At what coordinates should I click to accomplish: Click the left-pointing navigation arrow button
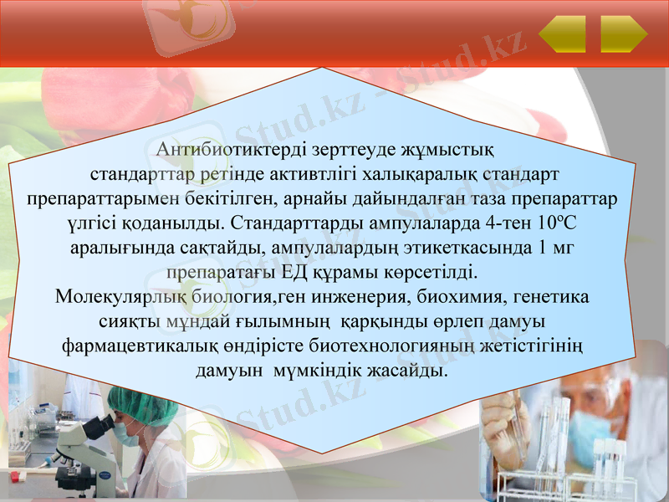[x=562, y=34]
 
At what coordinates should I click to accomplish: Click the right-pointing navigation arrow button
[x=624, y=34]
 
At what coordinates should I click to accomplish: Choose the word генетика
[x=550, y=297]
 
